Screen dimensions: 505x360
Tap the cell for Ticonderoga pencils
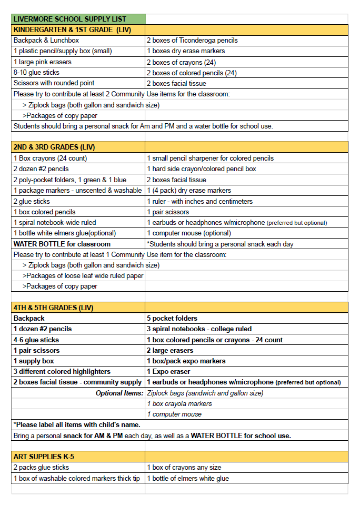(x=192, y=41)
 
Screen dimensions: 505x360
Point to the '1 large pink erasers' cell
(x=43, y=62)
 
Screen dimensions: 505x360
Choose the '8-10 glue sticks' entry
(x=36, y=73)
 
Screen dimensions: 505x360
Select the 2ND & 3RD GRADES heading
(x=54, y=147)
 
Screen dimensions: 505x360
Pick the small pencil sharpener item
(x=210, y=158)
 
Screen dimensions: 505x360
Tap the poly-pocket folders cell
(x=70, y=180)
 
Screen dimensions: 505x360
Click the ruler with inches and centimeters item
(x=199, y=201)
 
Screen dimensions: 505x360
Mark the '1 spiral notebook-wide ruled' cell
(x=55, y=223)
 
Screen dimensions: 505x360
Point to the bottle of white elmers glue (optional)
(x=65, y=233)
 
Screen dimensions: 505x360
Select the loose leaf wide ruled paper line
(x=83, y=276)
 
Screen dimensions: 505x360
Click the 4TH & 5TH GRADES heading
(x=53, y=308)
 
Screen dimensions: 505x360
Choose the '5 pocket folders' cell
(x=172, y=319)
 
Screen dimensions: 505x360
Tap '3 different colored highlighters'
(x=62, y=372)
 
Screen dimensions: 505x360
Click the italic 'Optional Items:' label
(x=119, y=393)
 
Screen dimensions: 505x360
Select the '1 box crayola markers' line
(x=179, y=404)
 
